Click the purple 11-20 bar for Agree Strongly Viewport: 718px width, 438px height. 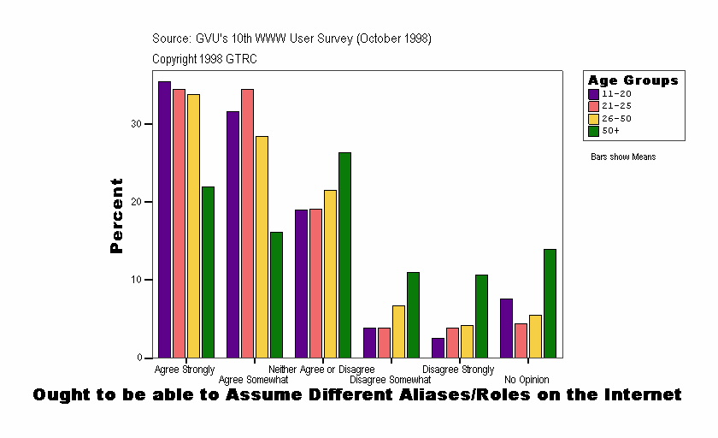(x=164, y=219)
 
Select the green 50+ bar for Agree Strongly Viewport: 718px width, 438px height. (x=208, y=272)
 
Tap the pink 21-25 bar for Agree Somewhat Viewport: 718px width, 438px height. (x=247, y=223)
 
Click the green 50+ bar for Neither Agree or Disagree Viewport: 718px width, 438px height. (x=344, y=255)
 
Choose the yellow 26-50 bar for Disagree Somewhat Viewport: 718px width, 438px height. (x=398, y=331)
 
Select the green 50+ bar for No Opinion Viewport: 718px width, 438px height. (x=550, y=303)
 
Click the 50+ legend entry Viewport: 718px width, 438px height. (x=610, y=130)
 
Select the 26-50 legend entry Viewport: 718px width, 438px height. (x=615, y=118)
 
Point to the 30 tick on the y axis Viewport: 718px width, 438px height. (x=146, y=124)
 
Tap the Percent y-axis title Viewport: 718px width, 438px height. (x=117, y=216)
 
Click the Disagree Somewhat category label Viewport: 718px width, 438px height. (x=391, y=380)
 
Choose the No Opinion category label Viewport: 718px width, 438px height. (x=527, y=380)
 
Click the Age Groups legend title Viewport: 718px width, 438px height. (x=633, y=80)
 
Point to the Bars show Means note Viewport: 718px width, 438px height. (x=622, y=157)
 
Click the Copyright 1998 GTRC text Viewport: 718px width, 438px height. (x=204, y=59)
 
